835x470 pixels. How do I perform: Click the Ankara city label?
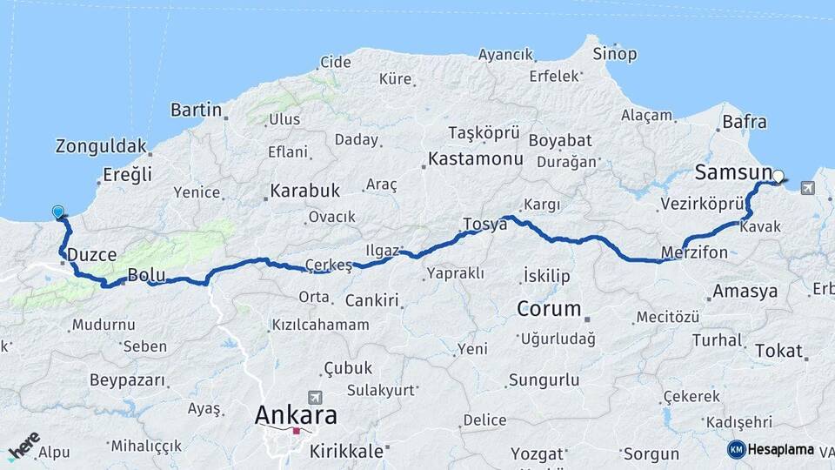pos(296,415)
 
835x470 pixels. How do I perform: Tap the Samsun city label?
pos(733,172)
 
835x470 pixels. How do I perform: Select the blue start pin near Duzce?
pos(58,211)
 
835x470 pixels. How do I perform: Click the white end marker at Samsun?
pos(778,176)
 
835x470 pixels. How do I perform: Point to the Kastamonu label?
pos(475,159)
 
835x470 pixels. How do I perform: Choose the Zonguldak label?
pos(102,146)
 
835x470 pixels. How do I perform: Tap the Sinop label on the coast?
pos(614,54)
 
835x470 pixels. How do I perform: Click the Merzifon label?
pos(695,252)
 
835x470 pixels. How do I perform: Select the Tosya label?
pos(484,224)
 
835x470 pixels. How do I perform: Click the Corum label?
pos(548,308)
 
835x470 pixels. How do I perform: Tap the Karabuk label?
pos(304,191)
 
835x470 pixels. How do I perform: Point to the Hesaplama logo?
pos(771,449)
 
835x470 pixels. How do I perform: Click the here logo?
pos(23,446)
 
